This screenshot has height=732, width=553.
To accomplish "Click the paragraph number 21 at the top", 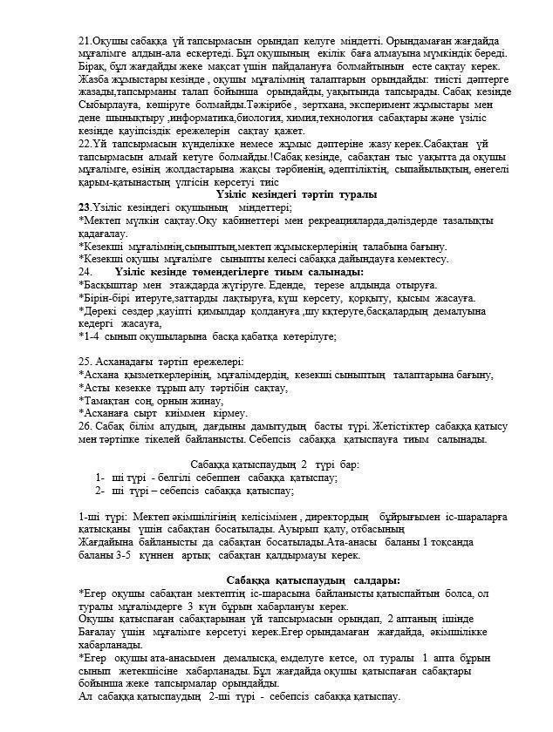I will pos(84,40).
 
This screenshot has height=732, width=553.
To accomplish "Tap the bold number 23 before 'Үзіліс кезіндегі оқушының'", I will pos(84,207).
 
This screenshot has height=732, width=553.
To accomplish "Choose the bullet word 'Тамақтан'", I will pos(109,400).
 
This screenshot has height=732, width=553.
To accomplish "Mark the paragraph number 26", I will pos(85,425).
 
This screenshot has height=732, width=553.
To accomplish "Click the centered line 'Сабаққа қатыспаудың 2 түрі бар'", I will pos(275,464).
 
